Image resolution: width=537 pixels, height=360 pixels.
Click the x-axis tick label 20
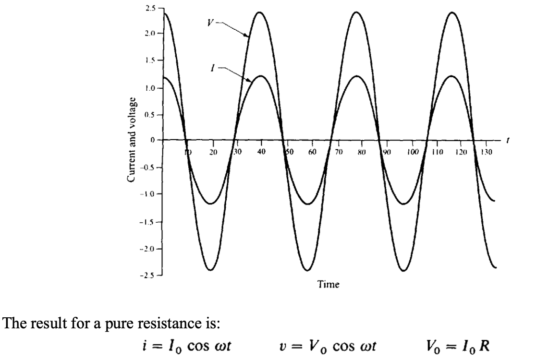(214, 152)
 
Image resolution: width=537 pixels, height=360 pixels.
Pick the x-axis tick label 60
(312, 152)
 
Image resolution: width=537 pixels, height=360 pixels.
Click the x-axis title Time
(329, 285)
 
